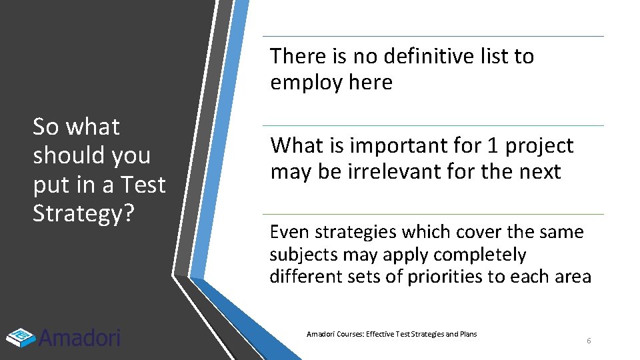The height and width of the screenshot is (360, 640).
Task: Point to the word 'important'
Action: pos(391,145)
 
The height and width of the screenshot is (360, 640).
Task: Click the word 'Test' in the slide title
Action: pos(142,184)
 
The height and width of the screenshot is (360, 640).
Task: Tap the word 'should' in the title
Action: pos(69,155)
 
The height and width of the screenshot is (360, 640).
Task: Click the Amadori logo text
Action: pos(79,337)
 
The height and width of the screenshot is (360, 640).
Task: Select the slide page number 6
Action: pos(589,341)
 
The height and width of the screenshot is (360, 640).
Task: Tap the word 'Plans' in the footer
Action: pos(467,334)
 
